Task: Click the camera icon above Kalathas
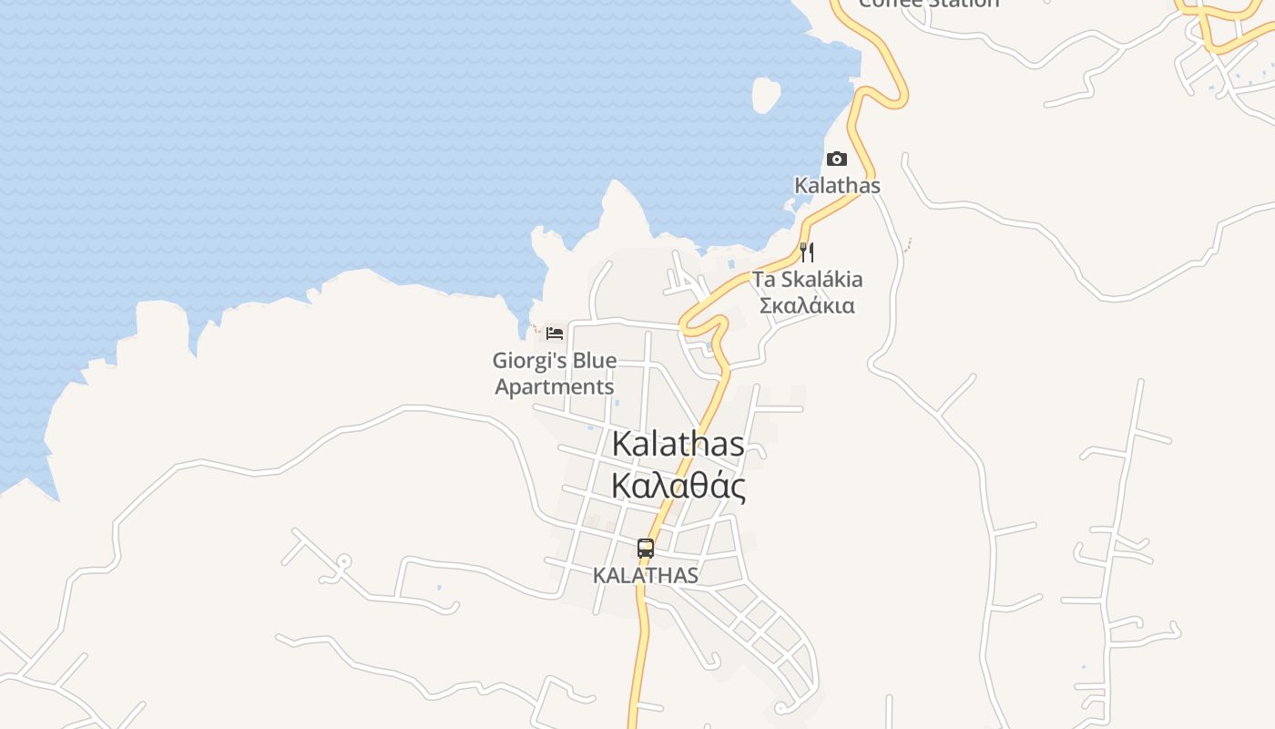coord(836,159)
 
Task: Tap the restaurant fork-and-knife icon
coord(807,252)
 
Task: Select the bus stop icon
coord(646,549)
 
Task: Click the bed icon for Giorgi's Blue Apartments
coord(554,333)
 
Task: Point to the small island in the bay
coord(766,94)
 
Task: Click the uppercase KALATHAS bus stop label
coord(646,576)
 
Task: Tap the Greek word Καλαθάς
coord(678,486)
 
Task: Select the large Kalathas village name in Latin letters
coord(678,444)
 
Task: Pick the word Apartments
coord(554,386)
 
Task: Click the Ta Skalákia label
coord(807,279)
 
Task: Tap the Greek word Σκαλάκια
coord(807,305)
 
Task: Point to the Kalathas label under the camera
coord(837,186)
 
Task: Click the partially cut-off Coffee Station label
coord(929,4)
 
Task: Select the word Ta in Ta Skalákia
coord(762,279)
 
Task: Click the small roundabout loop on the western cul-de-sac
coord(343,561)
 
